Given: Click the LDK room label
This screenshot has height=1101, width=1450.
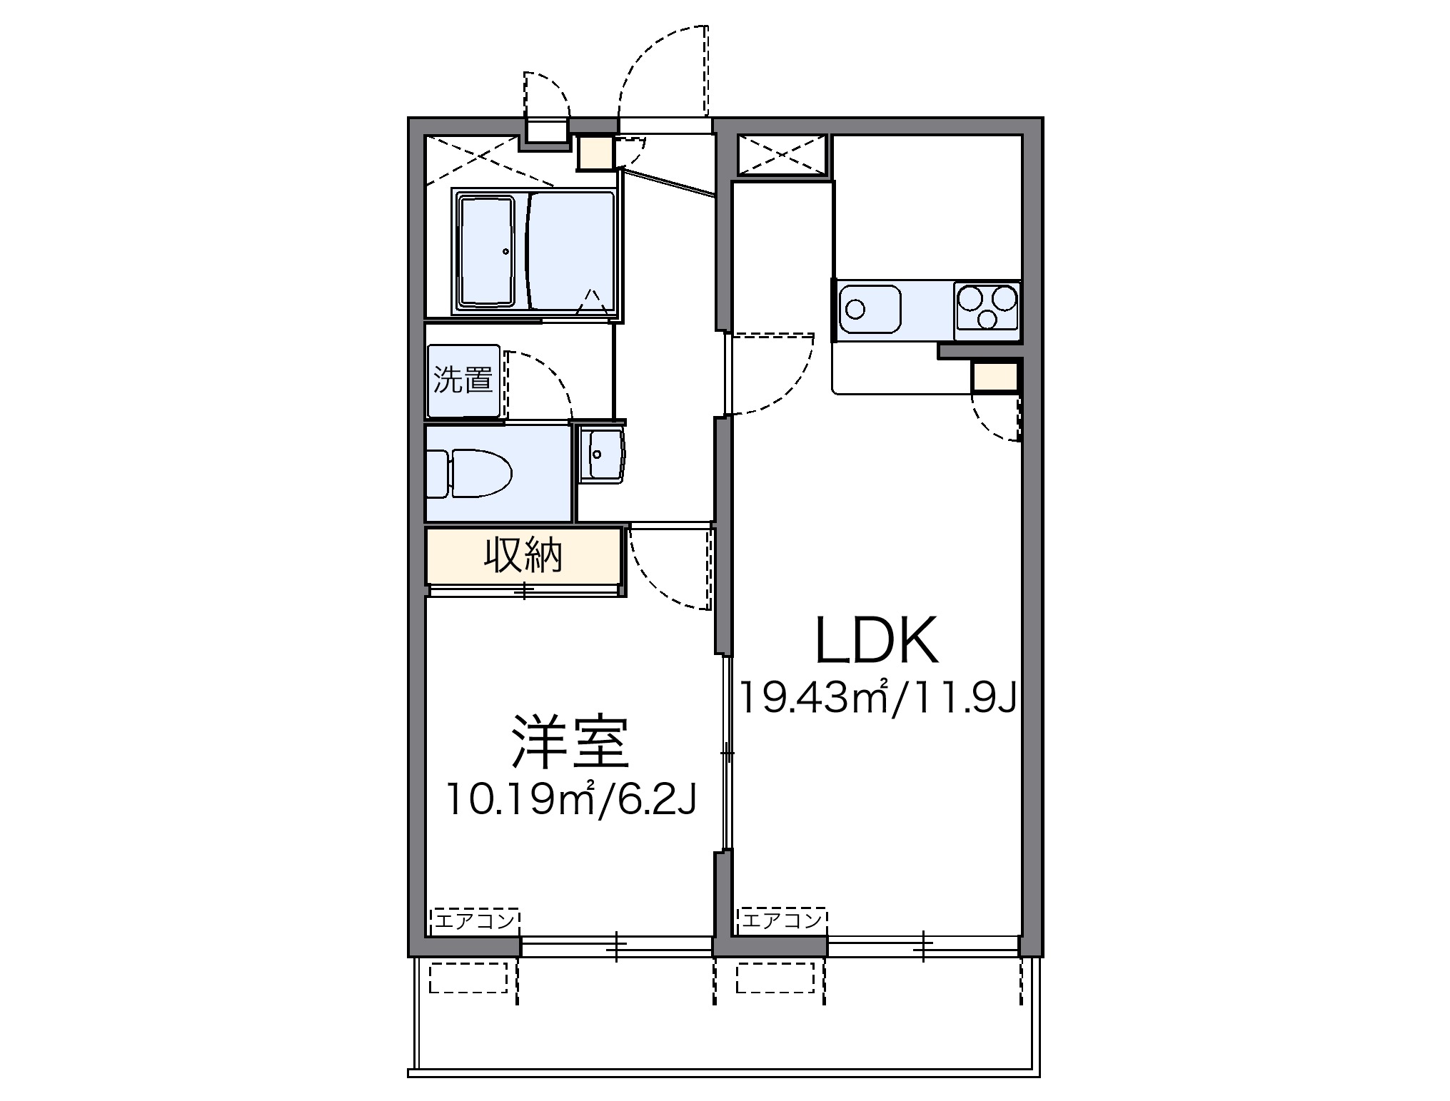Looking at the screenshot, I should (x=875, y=640).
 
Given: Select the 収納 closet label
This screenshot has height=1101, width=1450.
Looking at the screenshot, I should (x=523, y=555).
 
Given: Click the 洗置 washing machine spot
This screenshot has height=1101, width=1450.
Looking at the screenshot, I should (x=463, y=380).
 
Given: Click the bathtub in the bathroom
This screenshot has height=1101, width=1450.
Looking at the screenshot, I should (x=486, y=251).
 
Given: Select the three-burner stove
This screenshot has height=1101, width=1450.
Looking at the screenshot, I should (x=987, y=310).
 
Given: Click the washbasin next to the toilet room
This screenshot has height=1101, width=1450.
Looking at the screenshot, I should (x=600, y=455).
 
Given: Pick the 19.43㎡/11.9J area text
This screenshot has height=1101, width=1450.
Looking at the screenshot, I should (x=877, y=697).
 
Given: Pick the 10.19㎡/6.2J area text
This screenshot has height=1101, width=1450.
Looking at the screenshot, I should (x=570, y=800).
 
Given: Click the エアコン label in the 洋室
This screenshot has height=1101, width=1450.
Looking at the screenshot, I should (x=475, y=921).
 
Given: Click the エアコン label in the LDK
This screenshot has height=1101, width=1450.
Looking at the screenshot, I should (x=782, y=921).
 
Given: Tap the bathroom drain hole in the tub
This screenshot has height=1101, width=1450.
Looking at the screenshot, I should (x=505, y=251).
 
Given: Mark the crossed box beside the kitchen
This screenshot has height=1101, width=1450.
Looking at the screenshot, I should (x=782, y=155).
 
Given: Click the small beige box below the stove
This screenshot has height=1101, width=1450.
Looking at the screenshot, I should (x=995, y=377).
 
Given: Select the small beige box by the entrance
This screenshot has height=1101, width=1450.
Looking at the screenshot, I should (x=595, y=153).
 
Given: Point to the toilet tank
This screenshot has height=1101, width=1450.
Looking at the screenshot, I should (x=437, y=473).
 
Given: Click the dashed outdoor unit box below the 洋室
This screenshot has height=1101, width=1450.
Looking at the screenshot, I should (x=468, y=978).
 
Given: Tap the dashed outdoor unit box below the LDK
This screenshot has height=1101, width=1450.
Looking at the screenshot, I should (x=775, y=978).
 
